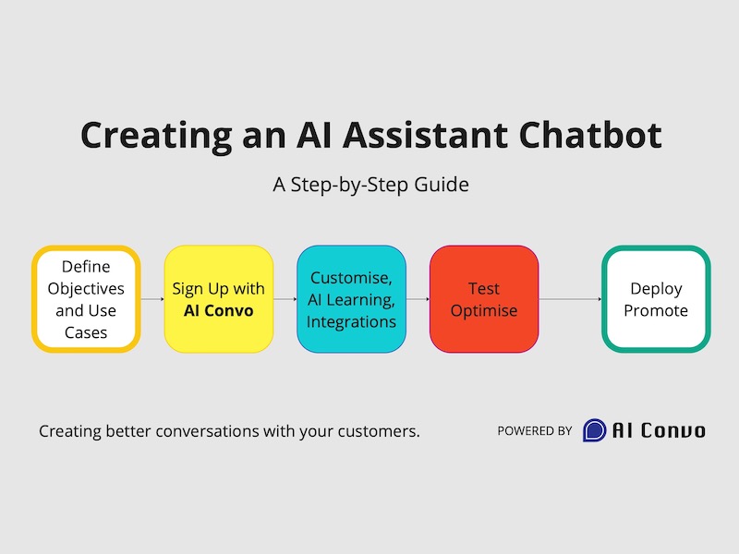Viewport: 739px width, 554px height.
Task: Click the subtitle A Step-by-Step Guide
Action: [x=370, y=184]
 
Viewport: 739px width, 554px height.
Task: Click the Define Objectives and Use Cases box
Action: [x=86, y=299]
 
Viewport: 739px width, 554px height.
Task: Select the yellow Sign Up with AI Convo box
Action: [x=219, y=299]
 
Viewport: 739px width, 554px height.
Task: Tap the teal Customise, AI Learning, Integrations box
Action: [x=351, y=299]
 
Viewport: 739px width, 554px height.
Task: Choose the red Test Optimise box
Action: [x=484, y=299]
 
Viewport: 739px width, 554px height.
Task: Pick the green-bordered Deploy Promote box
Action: [x=656, y=299]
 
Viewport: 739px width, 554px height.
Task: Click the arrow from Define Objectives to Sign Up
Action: [x=152, y=299]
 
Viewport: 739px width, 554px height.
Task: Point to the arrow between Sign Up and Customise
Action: [x=285, y=299]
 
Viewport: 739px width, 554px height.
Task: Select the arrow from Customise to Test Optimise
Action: [x=418, y=299]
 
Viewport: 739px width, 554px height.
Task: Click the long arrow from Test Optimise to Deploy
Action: [x=570, y=299]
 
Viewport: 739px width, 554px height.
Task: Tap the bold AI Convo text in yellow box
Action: [x=219, y=311]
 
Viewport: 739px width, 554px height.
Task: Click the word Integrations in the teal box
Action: [x=351, y=322]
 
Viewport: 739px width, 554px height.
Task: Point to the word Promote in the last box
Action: [x=656, y=311]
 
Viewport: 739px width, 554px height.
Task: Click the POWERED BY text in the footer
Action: [x=535, y=431]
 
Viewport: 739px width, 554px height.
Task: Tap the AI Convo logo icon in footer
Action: [x=595, y=430]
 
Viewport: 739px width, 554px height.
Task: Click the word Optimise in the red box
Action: [x=484, y=311]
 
